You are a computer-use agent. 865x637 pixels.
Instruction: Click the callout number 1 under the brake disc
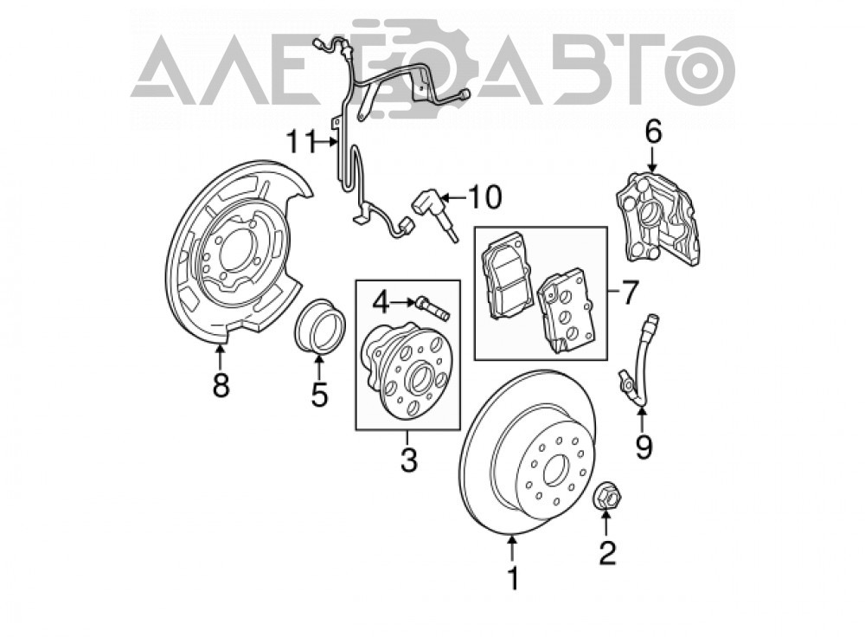514,578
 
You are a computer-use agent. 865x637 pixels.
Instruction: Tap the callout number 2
607,552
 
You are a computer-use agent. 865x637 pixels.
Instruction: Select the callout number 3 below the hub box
408,460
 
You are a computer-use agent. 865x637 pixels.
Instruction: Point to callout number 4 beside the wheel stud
381,302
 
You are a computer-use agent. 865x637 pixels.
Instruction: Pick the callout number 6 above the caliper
653,132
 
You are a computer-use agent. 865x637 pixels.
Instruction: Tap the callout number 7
630,292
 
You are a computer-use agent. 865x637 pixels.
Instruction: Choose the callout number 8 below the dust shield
221,385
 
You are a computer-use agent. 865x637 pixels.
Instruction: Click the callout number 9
644,447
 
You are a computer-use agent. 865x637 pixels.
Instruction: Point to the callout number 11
300,143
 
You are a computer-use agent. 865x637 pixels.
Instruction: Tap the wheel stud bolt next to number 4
433,307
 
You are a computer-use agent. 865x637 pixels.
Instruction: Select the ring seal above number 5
321,325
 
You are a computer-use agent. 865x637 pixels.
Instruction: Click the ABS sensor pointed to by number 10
436,214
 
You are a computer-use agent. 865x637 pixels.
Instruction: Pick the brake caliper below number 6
657,221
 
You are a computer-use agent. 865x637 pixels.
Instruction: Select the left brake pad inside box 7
507,274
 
